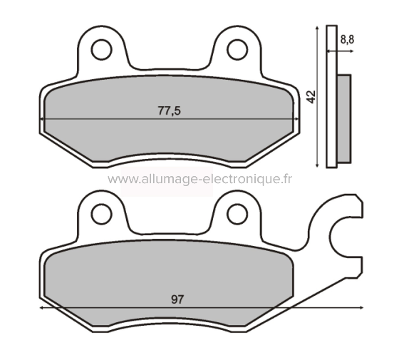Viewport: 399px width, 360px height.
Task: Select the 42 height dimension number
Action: (x=309, y=97)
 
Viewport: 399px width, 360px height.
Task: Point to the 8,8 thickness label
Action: (x=347, y=40)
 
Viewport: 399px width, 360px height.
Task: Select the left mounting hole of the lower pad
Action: (x=101, y=211)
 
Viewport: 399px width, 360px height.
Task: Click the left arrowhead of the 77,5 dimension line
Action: (x=46, y=119)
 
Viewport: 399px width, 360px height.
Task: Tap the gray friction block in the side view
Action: (x=344, y=118)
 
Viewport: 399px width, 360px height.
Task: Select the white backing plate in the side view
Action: (x=331, y=96)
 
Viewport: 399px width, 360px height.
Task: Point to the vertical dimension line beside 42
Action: (x=316, y=96)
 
